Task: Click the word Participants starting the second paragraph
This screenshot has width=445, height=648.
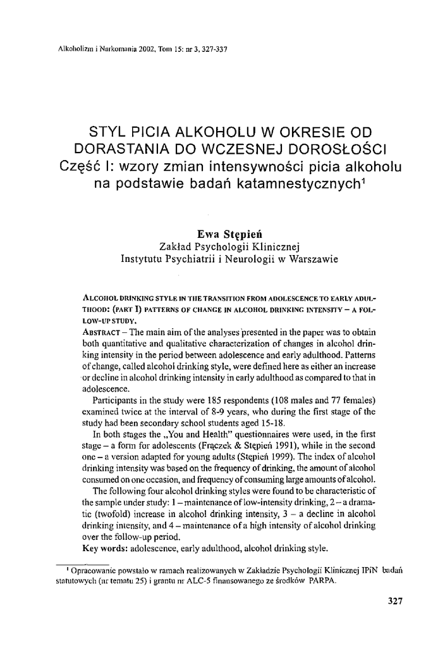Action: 117,401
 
